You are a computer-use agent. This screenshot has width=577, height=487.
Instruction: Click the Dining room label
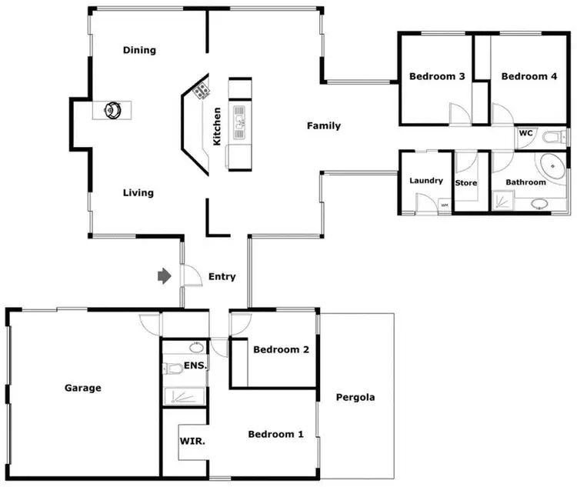pos(139,51)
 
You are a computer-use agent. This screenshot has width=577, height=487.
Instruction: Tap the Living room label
pos(138,193)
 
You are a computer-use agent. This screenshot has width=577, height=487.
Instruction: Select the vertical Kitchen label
pos(217,127)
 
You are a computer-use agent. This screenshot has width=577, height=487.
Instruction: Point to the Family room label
pos(323,126)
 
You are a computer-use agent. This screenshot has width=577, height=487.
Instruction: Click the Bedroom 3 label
pos(436,77)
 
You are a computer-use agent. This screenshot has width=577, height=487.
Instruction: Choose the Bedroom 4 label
pos(529,77)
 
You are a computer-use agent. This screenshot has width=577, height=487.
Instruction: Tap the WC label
pos(526,133)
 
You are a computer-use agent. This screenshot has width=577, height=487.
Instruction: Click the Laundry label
pos(426,181)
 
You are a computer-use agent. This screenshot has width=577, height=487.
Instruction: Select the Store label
pos(466,183)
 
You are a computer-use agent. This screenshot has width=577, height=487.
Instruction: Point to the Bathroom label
pos(525,182)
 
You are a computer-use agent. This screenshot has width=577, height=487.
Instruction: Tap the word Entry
pos(222,277)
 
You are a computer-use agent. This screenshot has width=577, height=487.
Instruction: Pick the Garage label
pos(82,389)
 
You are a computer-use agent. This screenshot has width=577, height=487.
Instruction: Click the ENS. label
pos(195,366)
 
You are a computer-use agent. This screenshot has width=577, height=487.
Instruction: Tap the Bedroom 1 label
pos(275,435)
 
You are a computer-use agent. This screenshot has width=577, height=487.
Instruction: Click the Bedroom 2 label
pos(281,350)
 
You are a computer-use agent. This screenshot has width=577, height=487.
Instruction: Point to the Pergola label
pos(355,398)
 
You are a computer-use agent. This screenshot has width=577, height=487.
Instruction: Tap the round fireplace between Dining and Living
pos(113,109)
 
